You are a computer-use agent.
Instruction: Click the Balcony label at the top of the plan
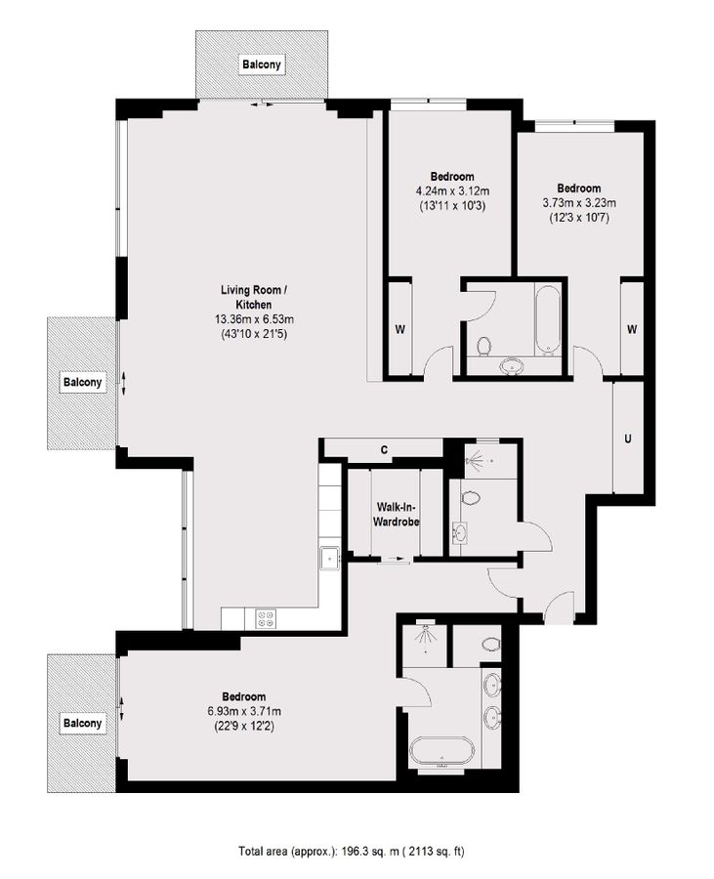262,65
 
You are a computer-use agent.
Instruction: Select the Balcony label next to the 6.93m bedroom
82,724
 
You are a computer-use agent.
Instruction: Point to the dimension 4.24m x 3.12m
451,191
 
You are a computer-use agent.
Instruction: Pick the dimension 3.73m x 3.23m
578,203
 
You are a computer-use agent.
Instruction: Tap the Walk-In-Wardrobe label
397,515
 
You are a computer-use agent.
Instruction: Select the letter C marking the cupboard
385,450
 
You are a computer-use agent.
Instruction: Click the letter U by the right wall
627,438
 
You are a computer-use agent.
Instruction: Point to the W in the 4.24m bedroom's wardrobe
399,329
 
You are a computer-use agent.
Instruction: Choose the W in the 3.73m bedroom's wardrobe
632,329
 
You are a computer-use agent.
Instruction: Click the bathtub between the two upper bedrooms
548,319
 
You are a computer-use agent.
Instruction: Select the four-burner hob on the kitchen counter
266,617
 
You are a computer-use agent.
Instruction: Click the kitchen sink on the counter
329,558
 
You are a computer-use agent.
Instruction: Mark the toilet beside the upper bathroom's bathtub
483,345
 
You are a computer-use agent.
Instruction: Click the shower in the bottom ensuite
425,642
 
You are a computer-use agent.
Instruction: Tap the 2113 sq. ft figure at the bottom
435,852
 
